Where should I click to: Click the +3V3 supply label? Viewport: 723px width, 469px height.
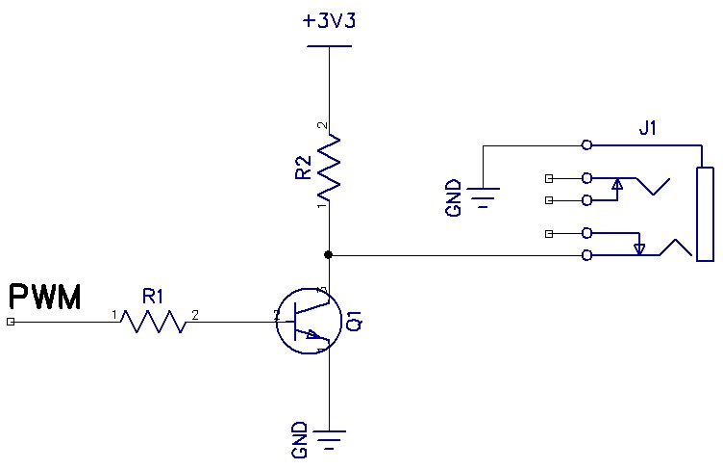(329, 21)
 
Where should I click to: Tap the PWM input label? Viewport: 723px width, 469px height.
(45, 297)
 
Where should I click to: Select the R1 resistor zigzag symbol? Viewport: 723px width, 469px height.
(154, 321)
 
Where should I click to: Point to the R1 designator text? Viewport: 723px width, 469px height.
(153, 297)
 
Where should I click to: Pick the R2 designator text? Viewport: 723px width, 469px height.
(304, 168)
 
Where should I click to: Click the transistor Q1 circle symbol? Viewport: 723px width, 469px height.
(309, 321)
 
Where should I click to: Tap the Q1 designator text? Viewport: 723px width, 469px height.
(355, 321)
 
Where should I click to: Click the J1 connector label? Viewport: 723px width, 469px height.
(647, 128)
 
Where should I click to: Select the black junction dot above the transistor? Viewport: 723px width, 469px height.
(328, 254)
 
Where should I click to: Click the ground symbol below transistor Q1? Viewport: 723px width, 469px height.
(329, 439)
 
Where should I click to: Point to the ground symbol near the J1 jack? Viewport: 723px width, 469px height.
(483, 197)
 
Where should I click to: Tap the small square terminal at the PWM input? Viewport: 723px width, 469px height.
(11, 322)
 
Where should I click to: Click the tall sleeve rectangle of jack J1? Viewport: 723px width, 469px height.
(705, 214)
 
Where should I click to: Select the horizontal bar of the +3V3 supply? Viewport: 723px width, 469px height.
(329, 46)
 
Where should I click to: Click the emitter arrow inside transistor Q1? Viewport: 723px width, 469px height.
(312, 334)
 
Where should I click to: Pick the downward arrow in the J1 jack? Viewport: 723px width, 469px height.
(639, 249)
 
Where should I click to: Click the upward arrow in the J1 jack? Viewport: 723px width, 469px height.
(617, 184)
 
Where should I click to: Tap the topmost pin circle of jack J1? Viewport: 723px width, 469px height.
(586, 145)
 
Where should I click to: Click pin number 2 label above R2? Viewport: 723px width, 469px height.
(323, 125)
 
